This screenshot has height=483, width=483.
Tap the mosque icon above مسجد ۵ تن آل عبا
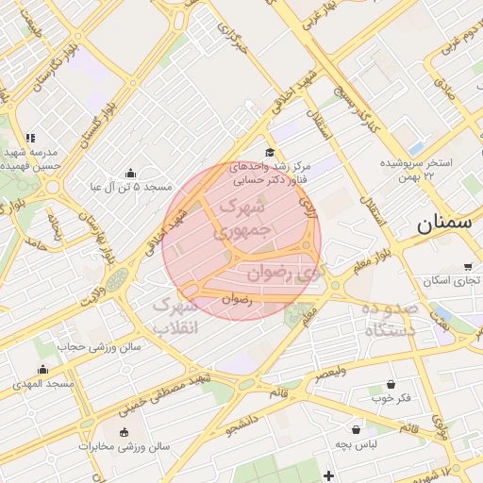(130, 173)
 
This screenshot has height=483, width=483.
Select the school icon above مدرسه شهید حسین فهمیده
(31, 138)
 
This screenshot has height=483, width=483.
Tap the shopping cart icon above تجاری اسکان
(468, 267)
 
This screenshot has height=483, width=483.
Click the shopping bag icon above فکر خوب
(391, 385)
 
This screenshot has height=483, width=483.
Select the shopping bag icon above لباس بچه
(356, 429)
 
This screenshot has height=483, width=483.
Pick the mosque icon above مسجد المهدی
(42, 370)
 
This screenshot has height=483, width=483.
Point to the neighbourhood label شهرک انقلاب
(175, 317)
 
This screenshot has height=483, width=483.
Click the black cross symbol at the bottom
(328, 475)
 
